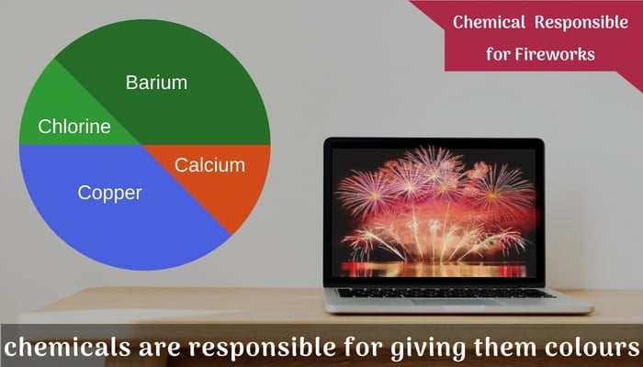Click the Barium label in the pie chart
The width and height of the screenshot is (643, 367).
(x=156, y=83)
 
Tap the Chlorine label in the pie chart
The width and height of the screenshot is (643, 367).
(x=73, y=127)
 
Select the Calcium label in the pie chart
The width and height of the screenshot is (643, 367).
(x=210, y=165)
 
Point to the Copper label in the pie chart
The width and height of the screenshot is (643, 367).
(x=109, y=194)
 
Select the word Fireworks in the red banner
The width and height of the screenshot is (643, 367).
(x=557, y=54)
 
